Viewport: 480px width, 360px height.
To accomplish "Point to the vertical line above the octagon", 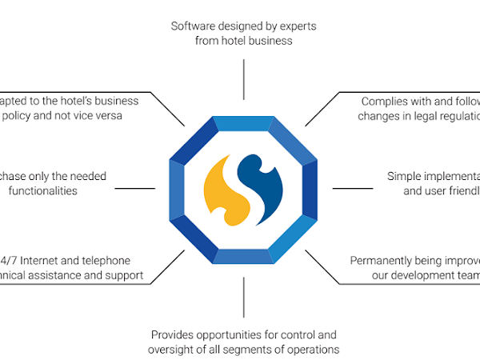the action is pos(243,79).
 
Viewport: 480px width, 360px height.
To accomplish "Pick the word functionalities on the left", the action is pos(43,190).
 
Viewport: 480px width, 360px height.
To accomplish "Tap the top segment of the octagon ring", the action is pos(243,123).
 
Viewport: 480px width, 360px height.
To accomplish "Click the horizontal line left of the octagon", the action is pos(135,190).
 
